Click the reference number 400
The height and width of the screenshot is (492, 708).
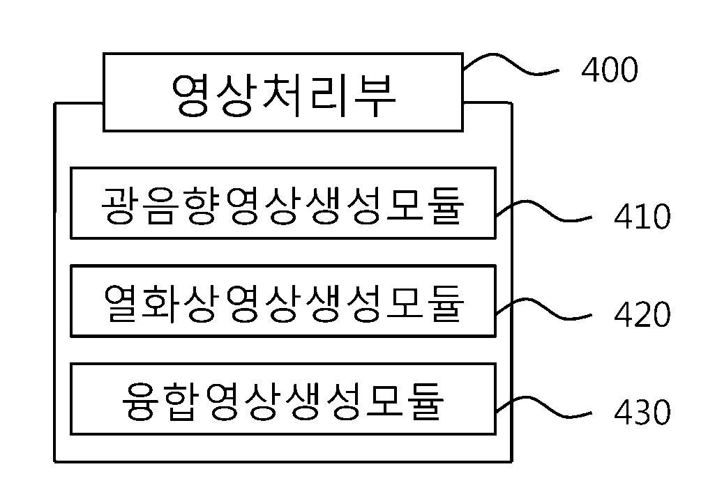(610, 70)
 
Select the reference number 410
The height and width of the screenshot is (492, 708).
(642, 217)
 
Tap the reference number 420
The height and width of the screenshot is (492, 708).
(642, 314)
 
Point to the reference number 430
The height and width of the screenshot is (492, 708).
(642, 412)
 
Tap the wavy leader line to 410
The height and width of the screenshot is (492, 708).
(543, 211)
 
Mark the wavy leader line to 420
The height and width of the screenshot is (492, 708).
(543, 309)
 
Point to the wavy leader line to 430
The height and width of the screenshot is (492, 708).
(543, 407)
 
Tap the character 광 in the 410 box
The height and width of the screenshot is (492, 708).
(119, 206)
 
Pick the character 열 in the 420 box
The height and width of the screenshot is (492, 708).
(121, 304)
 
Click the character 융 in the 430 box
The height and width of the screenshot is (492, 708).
(142, 402)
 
